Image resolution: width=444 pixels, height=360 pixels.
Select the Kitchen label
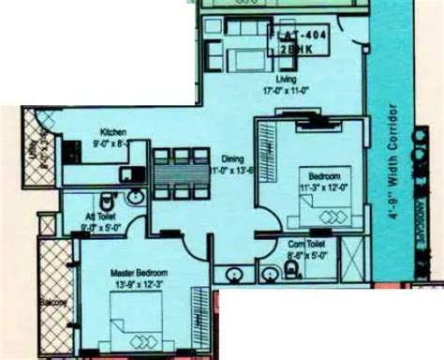point(114,134)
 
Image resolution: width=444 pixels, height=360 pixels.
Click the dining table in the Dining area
point(174,174)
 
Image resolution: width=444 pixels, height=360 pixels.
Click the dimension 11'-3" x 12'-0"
point(323,186)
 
